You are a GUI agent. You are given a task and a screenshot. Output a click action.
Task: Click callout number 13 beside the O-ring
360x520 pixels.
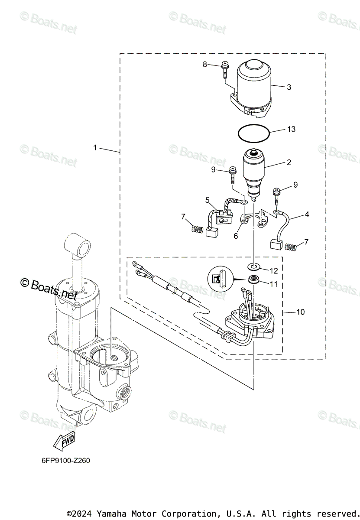291,129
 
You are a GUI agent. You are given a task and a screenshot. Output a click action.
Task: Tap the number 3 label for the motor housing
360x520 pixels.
289,87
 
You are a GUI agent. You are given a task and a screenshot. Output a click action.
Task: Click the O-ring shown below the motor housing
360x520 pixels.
253,133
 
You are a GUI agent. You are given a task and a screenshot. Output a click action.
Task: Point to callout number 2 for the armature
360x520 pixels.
289,163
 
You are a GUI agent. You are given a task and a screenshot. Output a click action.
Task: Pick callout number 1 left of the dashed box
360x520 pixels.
95,147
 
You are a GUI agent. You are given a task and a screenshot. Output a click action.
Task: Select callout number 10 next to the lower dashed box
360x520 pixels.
300,312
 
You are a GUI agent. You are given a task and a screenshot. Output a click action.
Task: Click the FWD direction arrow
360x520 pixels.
64,442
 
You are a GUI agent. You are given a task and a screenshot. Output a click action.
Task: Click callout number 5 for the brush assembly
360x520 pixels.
208,200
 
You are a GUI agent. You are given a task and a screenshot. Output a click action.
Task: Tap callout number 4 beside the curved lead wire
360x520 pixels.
307,214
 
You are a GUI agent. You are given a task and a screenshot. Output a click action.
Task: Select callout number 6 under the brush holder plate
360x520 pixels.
236,236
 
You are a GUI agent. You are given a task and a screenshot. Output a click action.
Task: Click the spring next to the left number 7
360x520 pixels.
197,229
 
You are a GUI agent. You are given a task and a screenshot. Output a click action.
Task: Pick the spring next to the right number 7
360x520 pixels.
291,247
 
